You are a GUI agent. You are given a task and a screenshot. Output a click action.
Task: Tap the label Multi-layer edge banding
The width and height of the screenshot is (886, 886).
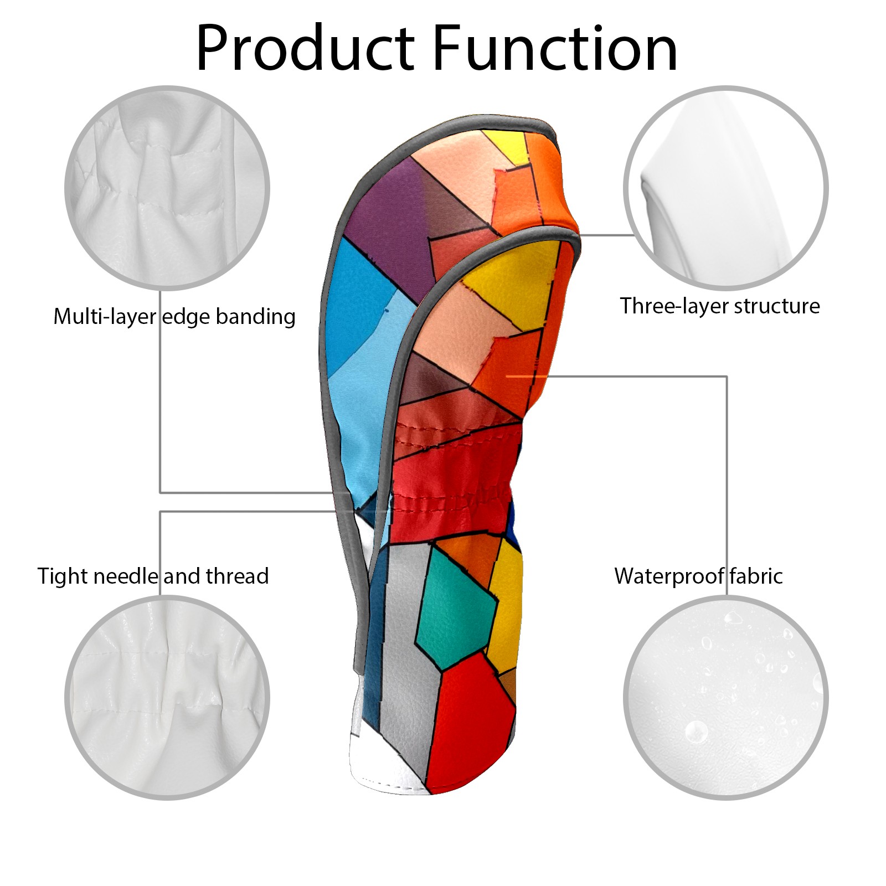pos(174,317)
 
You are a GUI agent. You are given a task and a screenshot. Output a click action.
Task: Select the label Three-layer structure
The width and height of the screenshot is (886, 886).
pos(720,306)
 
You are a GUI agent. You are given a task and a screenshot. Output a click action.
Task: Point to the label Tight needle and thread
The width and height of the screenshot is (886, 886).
pos(153,576)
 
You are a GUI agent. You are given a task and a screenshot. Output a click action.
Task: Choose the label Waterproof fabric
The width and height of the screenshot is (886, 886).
pos(698,576)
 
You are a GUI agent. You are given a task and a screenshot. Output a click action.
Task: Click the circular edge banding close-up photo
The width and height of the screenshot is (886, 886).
pos(167,187)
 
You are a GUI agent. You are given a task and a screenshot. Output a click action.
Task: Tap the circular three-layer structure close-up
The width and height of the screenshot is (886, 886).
pos(726,187)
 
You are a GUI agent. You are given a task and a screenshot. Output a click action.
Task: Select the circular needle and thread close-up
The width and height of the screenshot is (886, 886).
pos(167,698)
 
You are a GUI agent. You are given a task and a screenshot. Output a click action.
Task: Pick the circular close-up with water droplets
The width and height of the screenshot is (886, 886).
pos(726,698)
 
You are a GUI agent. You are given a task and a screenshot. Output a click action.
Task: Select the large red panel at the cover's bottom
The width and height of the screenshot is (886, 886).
pos(471,725)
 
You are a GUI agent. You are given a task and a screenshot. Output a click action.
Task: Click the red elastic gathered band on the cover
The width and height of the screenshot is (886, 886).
pos(454,482)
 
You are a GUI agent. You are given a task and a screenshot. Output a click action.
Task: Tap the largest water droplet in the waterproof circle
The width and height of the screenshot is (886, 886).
pos(696,732)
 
